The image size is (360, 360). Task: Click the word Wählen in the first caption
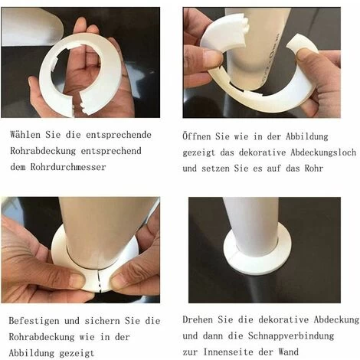tap(25, 135)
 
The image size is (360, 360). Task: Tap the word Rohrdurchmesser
tap(68, 167)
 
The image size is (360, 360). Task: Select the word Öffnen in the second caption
tap(197, 136)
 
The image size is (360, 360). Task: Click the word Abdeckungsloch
tap(323, 152)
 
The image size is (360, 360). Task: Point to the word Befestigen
tap(34, 321)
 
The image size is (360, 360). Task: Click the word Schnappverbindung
tap(291, 335)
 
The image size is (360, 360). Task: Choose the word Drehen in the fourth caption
tap(198, 319)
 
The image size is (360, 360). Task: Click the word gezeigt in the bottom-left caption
tap(77, 354)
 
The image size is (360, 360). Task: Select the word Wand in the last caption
tap(289, 352)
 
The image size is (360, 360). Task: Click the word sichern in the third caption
tap(102, 321)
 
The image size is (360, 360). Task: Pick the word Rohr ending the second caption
tap(314, 169)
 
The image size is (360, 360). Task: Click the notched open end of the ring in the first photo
tap(83, 104)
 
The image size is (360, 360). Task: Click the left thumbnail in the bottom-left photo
tap(77, 280)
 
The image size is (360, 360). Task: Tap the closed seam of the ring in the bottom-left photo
tap(99, 280)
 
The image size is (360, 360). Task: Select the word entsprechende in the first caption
tap(119, 135)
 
